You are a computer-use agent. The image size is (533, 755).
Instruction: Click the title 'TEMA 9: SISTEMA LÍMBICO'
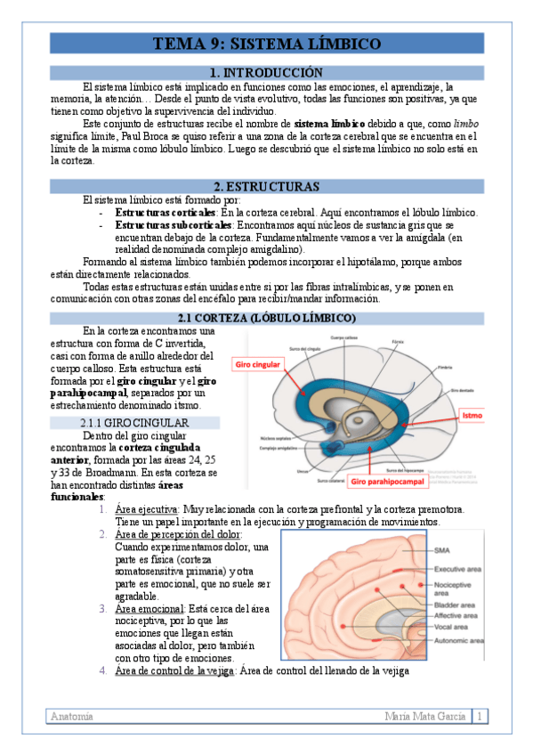coord(266,44)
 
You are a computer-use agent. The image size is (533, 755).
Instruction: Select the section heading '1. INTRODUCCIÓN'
coord(266,72)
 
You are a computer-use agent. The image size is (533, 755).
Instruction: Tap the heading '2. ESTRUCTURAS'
coord(266,186)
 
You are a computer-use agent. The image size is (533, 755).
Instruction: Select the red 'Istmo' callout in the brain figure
coord(472,415)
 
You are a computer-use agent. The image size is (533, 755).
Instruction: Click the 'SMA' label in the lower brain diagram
coord(442,550)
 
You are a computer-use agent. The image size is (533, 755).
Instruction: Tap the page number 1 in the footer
coord(479,716)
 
